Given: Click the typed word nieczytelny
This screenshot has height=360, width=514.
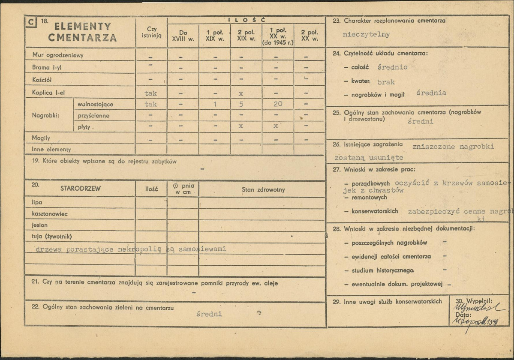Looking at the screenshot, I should (367, 35).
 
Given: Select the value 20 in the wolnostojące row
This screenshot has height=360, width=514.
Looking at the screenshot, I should (277, 104).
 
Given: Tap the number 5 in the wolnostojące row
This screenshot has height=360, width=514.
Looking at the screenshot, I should (241, 104).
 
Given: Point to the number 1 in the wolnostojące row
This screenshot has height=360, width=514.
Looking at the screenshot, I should (214, 104).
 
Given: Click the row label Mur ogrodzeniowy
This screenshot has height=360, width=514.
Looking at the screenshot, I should (57, 55).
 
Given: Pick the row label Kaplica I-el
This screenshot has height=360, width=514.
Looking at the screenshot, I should (48, 92).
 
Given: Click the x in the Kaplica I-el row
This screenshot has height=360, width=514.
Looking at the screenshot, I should (241, 93).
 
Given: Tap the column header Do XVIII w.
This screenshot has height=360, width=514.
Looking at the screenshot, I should (183, 35).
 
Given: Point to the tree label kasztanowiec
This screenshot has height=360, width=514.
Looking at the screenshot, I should (50, 213).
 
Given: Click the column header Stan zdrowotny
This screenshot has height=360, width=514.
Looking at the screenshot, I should (263, 189).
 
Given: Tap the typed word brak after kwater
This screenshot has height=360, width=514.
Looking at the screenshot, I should (386, 82).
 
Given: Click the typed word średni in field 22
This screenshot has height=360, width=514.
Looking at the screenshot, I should (209, 314).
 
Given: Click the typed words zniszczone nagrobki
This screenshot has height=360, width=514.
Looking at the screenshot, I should (453, 146).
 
